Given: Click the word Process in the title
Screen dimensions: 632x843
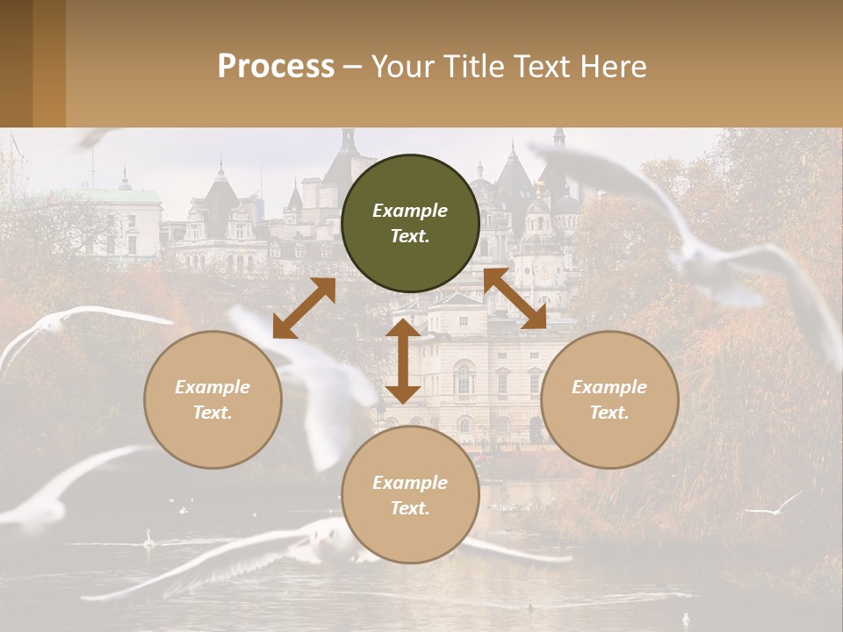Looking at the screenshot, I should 276,67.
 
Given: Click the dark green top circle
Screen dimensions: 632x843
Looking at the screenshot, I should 410,224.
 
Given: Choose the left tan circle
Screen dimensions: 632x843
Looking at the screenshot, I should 213,399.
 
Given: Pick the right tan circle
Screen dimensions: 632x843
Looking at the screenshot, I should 609,399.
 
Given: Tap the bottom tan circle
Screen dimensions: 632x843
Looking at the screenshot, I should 410,495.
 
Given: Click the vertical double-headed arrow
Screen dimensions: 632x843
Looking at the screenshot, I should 403,361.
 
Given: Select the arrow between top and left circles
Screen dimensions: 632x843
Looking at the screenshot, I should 304,308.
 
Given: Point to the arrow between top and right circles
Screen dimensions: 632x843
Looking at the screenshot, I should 515,298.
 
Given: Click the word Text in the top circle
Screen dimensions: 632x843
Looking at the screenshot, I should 410,236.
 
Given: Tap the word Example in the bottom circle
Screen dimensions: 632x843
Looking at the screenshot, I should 410,483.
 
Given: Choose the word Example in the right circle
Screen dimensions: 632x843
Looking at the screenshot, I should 609,387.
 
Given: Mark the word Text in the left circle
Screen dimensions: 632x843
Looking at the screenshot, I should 213,412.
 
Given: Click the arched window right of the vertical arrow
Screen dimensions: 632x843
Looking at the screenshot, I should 464,380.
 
